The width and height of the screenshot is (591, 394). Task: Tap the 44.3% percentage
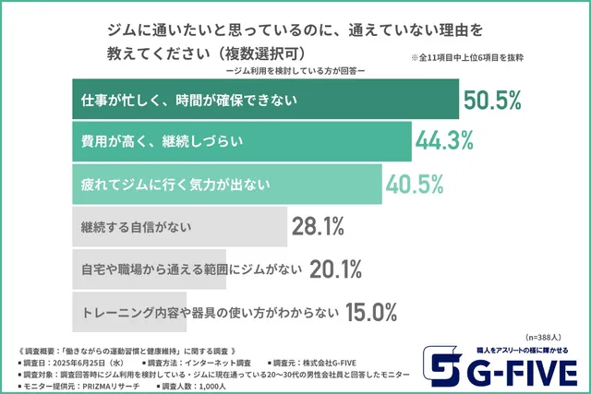tap(447, 141)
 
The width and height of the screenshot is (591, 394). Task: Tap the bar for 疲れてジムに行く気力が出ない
tap(227, 184)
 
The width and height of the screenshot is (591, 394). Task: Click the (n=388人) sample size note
tap(549, 337)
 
